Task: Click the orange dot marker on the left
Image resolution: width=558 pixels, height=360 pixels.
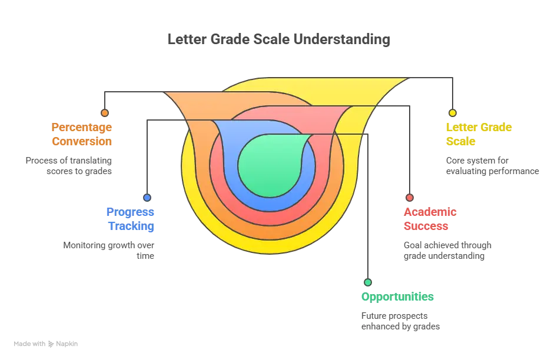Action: point(105,113)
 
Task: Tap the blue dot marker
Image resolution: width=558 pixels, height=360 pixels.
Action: point(147,198)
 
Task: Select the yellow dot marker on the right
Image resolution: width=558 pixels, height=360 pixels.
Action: point(452,113)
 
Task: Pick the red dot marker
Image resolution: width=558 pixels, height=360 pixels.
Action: point(410,198)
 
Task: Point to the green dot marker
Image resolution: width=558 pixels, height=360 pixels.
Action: point(367,282)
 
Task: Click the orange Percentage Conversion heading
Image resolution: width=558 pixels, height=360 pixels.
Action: point(82,134)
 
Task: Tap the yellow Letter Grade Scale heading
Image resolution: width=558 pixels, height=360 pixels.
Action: point(478,134)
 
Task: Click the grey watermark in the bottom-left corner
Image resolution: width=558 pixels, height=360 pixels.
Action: point(47,343)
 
